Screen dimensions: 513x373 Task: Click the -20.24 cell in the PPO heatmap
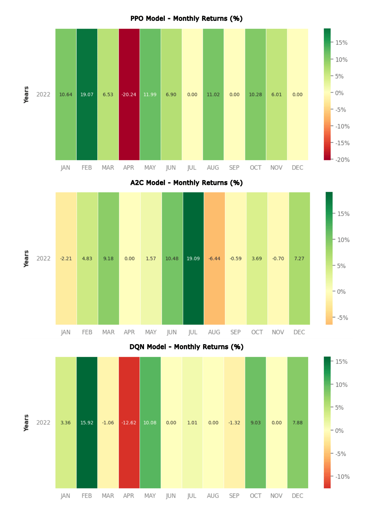pyautogui.click(x=129, y=94)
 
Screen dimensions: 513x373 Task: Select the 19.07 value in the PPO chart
pyautogui.click(x=87, y=94)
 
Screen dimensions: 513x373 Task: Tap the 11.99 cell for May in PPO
pyautogui.click(x=150, y=94)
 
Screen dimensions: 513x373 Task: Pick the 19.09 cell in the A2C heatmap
pyautogui.click(x=193, y=259)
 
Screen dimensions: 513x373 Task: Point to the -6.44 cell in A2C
pyautogui.click(x=214, y=259)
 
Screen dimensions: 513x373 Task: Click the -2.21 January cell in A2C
pyautogui.click(x=66, y=259)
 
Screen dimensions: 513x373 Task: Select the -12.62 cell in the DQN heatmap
pyautogui.click(x=129, y=423)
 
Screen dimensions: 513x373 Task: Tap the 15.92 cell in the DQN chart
pyautogui.click(x=87, y=423)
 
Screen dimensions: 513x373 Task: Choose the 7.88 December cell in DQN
pyautogui.click(x=298, y=423)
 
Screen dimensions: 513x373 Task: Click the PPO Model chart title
pyautogui.click(x=186, y=19)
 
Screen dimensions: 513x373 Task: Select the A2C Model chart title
pyautogui.click(x=186, y=183)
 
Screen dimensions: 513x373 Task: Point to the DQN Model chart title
pyautogui.click(x=186, y=347)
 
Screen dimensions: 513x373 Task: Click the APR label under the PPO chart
pyautogui.click(x=129, y=168)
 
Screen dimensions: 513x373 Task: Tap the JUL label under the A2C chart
pyautogui.click(x=193, y=332)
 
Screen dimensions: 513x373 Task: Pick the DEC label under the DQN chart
pyautogui.click(x=298, y=496)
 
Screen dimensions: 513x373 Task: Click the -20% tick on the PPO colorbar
pyautogui.click(x=342, y=160)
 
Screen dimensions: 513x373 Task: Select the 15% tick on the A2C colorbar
pyautogui.click(x=343, y=214)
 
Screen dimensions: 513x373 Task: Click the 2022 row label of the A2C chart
pyautogui.click(x=43, y=259)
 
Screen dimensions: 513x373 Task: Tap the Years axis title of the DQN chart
pyautogui.click(x=26, y=423)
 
